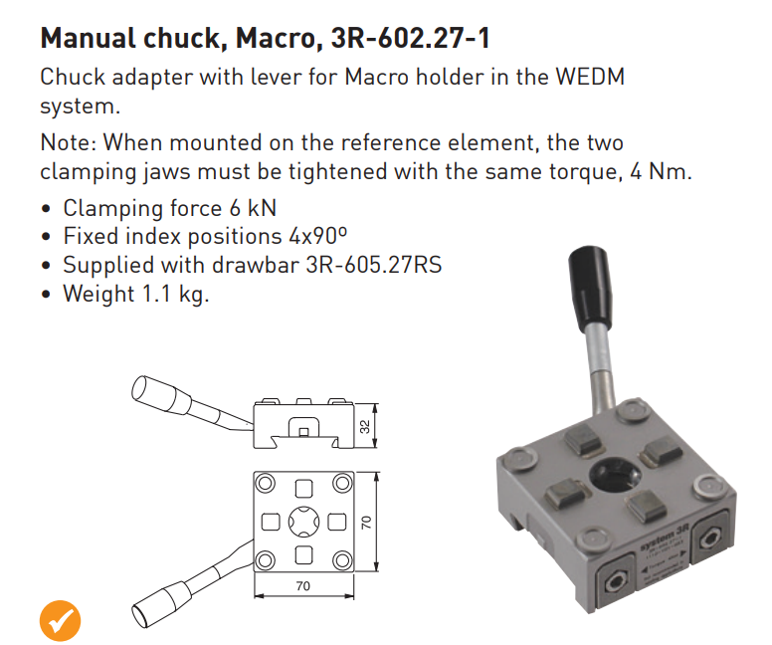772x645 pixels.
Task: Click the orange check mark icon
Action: tap(60, 620)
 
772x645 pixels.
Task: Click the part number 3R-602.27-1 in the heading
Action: tap(411, 38)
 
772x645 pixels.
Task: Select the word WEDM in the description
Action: tap(590, 77)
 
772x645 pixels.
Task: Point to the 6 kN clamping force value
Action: tap(253, 208)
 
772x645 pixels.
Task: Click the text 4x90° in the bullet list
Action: tap(317, 236)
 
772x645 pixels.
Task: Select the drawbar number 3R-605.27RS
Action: tap(374, 265)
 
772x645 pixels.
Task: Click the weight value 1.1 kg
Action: tap(175, 294)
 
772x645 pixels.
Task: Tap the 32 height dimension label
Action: tap(365, 426)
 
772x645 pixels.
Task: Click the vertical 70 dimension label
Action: tap(366, 523)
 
